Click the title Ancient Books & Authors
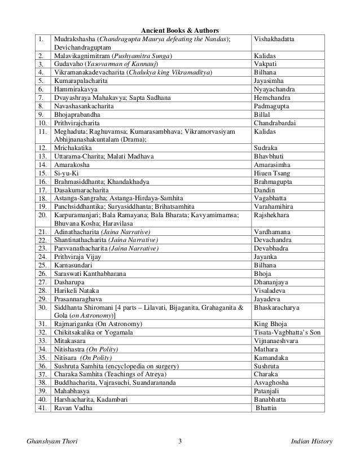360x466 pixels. [x=179, y=30]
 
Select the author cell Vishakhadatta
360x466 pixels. [x=274, y=38]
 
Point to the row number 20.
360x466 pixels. [x=41, y=215]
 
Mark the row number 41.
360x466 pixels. [x=41, y=407]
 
